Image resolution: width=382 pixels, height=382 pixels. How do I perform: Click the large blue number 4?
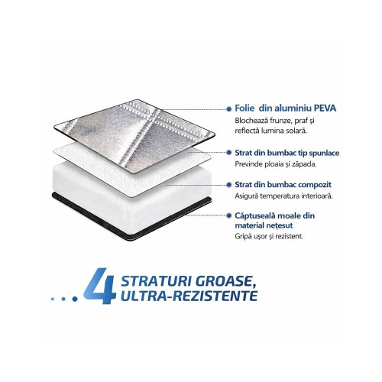point(100,286)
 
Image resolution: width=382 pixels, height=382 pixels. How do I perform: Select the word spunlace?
point(324,153)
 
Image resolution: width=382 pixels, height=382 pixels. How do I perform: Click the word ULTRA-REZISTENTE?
point(189,296)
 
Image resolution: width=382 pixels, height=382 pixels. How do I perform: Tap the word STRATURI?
point(156,281)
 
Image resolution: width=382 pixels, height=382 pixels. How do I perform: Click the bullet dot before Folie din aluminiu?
point(229,109)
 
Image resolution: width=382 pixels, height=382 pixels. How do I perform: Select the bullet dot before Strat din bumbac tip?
point(229,153)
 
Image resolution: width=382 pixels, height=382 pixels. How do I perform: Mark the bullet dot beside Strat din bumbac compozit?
point(229,185)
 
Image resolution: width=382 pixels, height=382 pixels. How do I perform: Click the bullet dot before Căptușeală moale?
point(229,215)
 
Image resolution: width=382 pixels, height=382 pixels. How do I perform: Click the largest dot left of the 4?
point(75,299)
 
